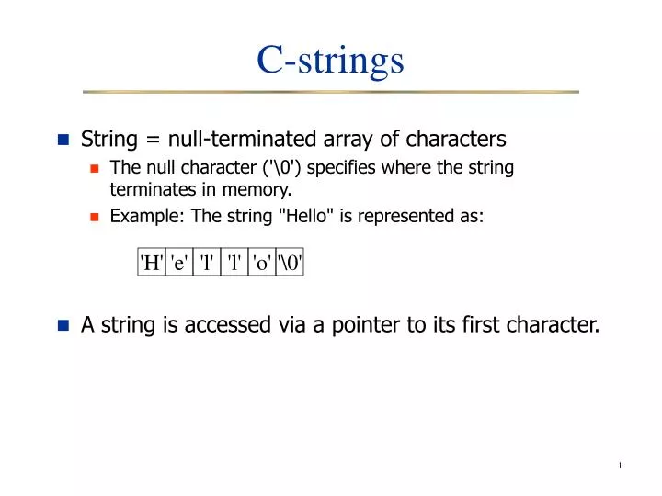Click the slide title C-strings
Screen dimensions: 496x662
tap(330, 60)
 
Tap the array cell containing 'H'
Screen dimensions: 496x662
tap(152, 263)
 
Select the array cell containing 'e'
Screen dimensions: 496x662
tap(179, 263)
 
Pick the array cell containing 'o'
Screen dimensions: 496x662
tap(261, 263)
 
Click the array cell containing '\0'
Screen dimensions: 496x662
tap(290, 263)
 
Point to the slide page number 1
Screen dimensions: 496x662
tap(621, 466)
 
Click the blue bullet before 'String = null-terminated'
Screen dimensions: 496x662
tap(63, 141)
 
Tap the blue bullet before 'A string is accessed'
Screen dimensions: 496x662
tap(63, 325)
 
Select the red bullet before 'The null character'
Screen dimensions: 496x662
tap(94, 169)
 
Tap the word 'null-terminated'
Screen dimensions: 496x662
tap(238, 140)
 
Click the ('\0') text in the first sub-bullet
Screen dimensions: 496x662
tap(283, 168)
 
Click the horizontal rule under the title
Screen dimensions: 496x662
tap(330, 92)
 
